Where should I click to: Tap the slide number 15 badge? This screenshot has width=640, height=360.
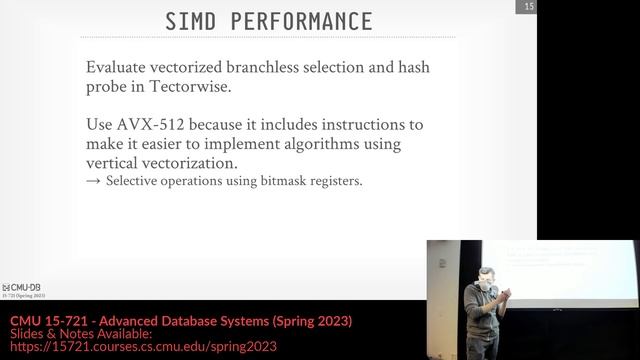point(526,8)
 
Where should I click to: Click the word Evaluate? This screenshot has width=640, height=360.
point(119,68)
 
